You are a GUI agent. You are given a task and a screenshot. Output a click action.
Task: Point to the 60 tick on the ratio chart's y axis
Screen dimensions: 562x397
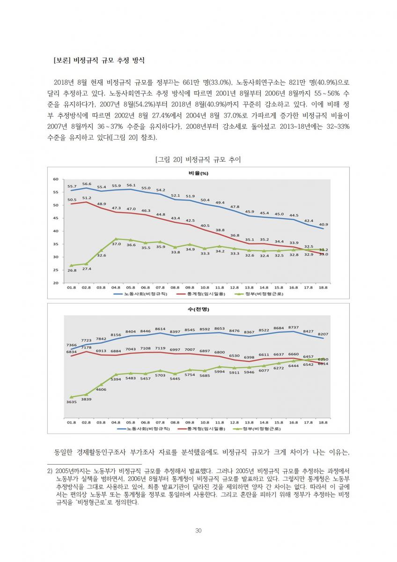click(x=55, y=179)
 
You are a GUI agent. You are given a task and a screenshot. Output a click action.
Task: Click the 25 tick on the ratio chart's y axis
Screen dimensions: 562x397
click(x=55, y=270)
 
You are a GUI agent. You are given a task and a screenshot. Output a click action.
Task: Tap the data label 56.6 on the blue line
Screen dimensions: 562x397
click(x=87, y=184)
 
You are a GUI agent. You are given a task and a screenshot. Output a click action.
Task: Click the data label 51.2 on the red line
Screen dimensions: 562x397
click(x=87, y=198)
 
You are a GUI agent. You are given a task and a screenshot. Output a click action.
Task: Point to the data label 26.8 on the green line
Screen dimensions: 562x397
click(x=72, y=271)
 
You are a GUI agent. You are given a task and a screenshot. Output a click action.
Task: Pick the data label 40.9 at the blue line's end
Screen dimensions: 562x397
click(x=323, y=224)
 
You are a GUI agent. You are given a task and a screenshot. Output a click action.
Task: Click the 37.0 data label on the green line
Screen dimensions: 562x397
click(x=116, y=244)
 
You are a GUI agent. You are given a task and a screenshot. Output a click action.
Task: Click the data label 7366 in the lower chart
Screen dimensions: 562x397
click(x=71, y=345)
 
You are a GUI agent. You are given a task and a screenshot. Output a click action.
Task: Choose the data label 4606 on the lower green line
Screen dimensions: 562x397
click(x=101, y=390)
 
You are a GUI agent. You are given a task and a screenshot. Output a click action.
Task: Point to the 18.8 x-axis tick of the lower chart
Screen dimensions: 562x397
click(x=323, y=422)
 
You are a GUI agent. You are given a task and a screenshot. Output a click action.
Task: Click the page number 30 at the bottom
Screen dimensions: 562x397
click(x=198, y=531)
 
